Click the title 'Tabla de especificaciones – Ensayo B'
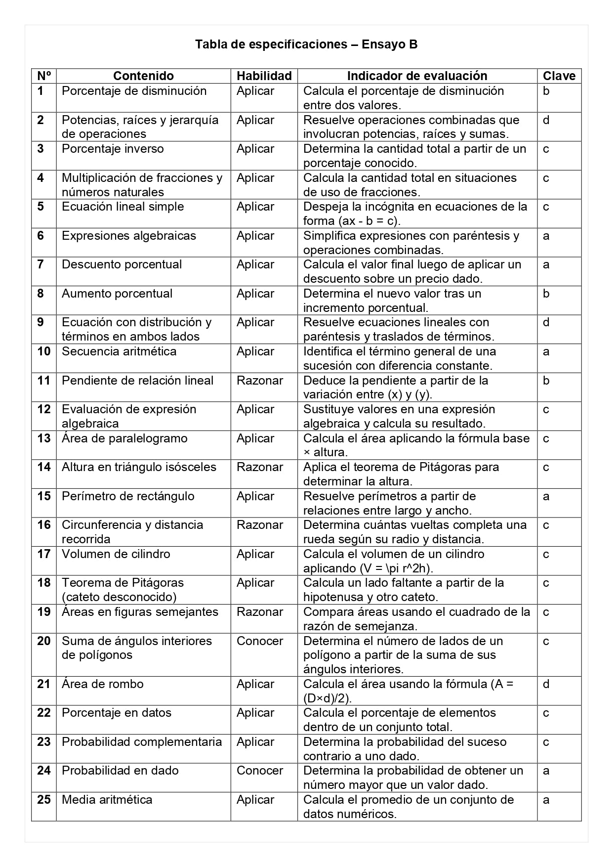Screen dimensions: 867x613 coord(306,44)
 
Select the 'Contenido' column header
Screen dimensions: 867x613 coord(143,76)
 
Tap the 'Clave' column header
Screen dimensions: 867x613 coord(559,76)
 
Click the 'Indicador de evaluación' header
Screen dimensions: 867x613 coord(417,76)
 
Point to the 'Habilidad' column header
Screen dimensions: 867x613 coord(264,76)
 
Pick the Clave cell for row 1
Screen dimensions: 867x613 coord(546,91)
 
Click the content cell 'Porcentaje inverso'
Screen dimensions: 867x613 coord(113,149)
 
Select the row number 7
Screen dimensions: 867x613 coord(41,264)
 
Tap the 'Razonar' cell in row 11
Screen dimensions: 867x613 coord(260,381)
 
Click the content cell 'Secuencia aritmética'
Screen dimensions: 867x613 coord(119,351)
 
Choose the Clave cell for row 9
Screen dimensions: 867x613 coord(546,323)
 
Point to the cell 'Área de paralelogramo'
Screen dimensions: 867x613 coord(124,438)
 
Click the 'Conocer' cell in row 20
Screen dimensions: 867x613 coord(260,641)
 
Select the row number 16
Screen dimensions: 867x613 coord(44,525)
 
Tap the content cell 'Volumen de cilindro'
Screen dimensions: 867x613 coord(116,554)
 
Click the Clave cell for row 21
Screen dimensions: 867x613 coord(546,684)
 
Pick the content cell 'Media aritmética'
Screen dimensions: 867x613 coord(107,800)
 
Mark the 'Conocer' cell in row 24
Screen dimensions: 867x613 coord(260,771)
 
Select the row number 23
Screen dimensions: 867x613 coord(44,742)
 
